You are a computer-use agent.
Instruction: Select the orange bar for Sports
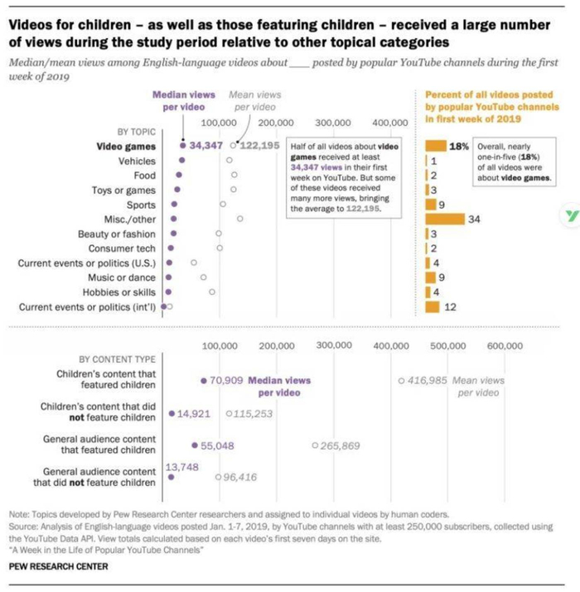[430, 205]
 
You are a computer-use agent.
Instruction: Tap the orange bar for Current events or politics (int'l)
[432, 308]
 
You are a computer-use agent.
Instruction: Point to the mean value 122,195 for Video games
[260, 146]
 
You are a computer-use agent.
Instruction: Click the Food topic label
[144, 176]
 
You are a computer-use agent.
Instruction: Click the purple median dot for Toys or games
[176, 190]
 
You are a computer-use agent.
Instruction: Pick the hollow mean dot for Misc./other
[239, 219]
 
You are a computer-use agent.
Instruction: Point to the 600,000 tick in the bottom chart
[504, 345]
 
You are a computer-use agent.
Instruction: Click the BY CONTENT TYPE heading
[117, 360]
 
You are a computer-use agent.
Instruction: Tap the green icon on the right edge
[570, 214]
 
